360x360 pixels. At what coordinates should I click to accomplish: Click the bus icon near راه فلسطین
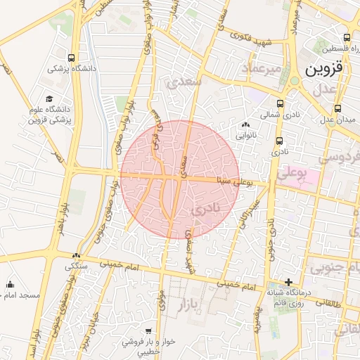pos(347,38)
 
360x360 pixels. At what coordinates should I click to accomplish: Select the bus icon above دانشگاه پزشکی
pos(72,58)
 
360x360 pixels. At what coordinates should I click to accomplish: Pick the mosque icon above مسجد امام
pos(10,285)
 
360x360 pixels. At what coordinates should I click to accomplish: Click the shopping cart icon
pos(148,330)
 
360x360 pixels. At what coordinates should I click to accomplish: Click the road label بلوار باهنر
pos(61,225)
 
